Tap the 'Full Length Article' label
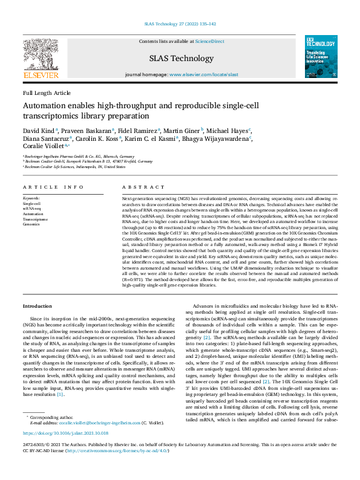(x=47, y=93)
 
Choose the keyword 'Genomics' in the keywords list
(x=31, y=224)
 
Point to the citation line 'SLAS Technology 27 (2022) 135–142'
(x=180, y=25)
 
